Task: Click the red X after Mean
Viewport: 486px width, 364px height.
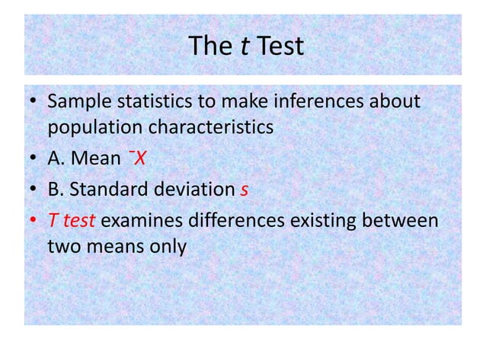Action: (140, 158)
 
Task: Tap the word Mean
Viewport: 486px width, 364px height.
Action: (97, 158)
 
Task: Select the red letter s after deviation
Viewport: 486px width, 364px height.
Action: (244, 190)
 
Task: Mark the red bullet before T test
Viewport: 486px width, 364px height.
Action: (33, 222)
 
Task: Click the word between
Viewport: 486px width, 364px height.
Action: (401, 222)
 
